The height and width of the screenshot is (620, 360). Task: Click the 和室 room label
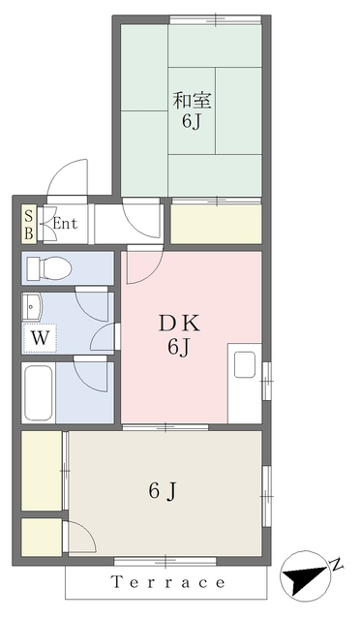point(192,100)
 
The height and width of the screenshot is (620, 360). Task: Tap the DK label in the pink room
point(180,324)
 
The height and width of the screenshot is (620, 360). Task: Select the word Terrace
point(168,582)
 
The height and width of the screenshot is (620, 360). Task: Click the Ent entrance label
point(65,224)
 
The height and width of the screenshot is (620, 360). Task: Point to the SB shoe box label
point(29,225)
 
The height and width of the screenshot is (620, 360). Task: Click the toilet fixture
point(49,268)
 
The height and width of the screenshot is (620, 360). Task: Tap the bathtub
point(39,392)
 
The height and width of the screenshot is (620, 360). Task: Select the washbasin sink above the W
point(32,307)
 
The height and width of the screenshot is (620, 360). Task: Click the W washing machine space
point(40,338)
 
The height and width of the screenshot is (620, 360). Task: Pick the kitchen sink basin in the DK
point(245,364)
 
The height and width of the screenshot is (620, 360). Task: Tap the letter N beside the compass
point(336,564)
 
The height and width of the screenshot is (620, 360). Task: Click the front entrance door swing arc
point(67,177)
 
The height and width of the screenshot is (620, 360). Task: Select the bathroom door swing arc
point(90,374)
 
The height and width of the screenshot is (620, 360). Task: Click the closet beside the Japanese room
point(216,224)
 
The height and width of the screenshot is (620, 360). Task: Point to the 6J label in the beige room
point(162,491)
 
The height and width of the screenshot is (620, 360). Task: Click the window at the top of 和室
point(216,19)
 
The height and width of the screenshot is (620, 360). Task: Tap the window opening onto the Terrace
point(165,561)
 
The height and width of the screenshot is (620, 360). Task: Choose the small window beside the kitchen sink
point(267,381)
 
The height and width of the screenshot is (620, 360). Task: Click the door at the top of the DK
point(144,264)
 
